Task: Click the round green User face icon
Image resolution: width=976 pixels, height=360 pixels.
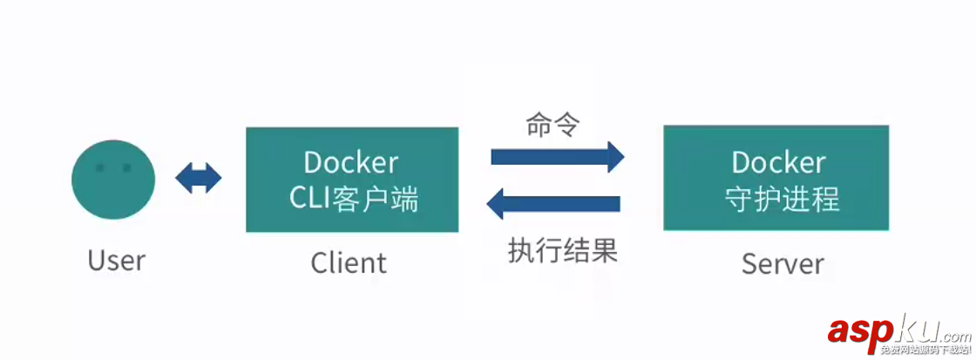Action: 112,179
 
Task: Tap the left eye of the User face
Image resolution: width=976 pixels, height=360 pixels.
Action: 99,167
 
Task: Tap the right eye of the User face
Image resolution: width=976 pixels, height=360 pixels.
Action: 126,167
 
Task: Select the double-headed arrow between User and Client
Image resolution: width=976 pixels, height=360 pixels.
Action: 199,179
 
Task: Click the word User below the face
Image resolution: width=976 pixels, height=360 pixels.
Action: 116,260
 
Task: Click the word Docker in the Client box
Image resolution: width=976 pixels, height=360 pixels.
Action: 351,162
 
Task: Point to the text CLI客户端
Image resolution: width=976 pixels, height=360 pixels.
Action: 353,200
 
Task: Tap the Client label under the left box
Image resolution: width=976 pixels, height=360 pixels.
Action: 349,262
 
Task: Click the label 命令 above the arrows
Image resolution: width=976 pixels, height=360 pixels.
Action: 552,125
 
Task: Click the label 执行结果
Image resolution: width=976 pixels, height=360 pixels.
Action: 563,251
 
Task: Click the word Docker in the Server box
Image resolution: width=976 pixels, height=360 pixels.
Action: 778,162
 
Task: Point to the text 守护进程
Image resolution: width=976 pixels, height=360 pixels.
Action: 782,199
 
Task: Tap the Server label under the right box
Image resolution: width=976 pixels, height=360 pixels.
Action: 783,263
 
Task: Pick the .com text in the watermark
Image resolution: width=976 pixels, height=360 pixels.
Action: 953,335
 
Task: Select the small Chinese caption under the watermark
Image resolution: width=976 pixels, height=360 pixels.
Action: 924,350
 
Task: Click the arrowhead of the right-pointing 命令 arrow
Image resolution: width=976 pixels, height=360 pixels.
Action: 615,157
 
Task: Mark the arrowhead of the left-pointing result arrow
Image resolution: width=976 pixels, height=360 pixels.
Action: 495,204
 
